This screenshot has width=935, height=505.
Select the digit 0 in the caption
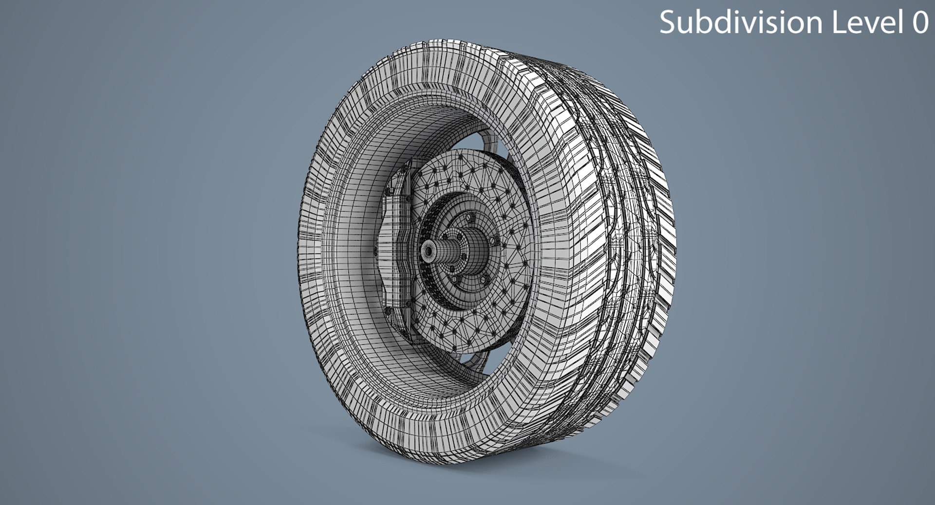(920, 23)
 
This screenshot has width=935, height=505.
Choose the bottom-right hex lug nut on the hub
(484, 280)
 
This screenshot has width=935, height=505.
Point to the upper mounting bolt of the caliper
(388, 192)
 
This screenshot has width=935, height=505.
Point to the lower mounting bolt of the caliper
(388, 311)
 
